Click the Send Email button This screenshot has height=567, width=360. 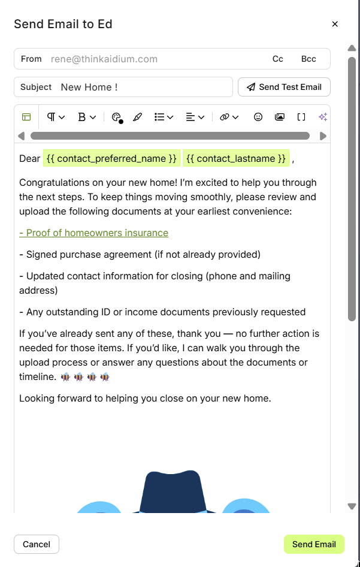click(x=314, y=544)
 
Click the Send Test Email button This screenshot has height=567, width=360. click(x=284, y=87)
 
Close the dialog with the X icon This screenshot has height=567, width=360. click(x=335, y=24)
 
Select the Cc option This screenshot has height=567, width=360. click(x=278, y=59)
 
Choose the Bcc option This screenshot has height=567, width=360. click(x=308, y=59)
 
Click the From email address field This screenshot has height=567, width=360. click(x=150, y=59)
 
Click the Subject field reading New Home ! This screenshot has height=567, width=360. click(x=144, y=87)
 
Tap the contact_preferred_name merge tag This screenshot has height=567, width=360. click(x=111, y=158)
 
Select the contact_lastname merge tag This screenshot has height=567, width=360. click(x=236, y=158)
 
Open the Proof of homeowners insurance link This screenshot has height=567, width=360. click(x=94, y=233)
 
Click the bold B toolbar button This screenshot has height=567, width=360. click(x=82, y=117)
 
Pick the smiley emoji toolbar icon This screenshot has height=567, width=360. click(x=258, y=117)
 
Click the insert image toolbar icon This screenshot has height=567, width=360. click(x=280, y=117)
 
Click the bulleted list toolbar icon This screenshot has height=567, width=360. click(x=159, y=117)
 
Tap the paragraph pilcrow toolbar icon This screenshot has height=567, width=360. click(x=52, y=117)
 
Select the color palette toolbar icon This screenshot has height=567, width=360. click(x=117, y=117)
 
